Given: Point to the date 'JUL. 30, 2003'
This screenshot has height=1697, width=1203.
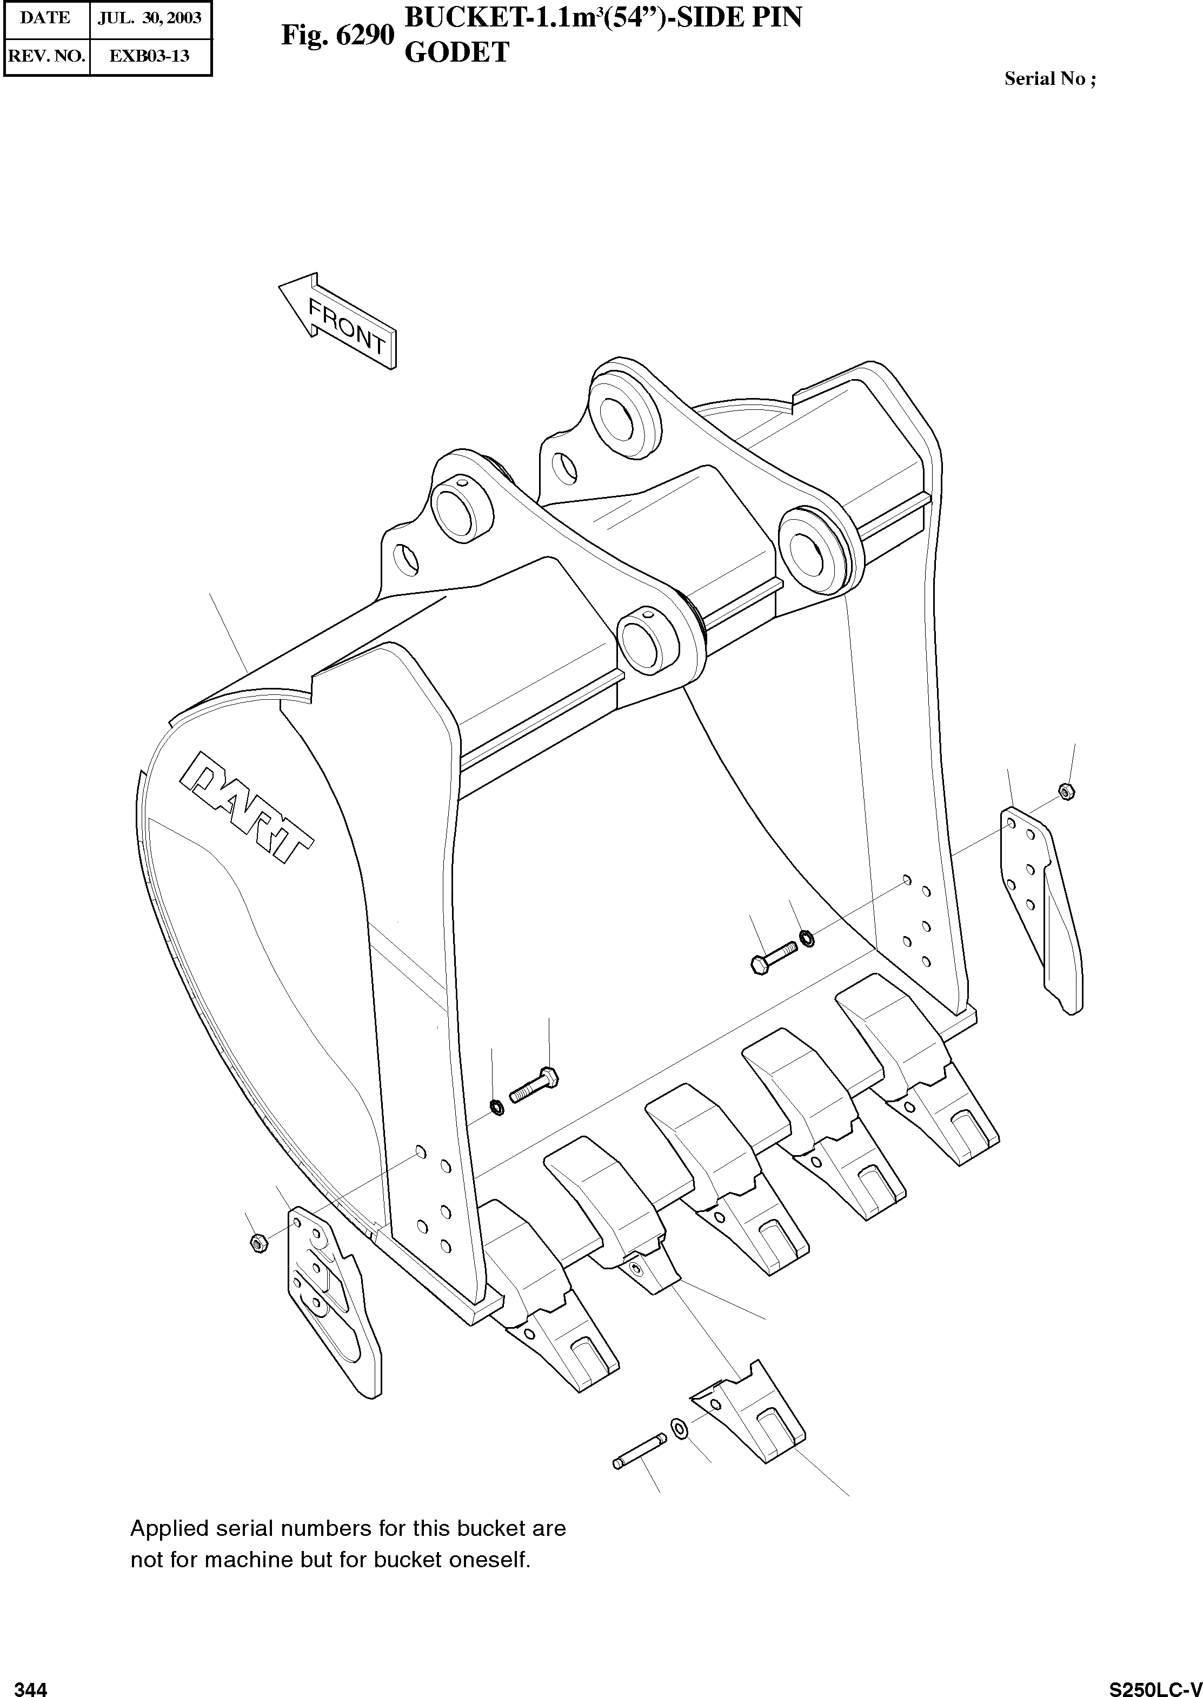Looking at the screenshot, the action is [150, 18].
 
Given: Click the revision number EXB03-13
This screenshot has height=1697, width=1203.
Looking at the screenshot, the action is [150, 56].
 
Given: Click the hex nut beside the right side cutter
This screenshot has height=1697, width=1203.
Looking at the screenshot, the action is [1067, 791].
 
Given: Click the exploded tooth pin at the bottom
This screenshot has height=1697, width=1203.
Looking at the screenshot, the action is [640, 1453].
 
